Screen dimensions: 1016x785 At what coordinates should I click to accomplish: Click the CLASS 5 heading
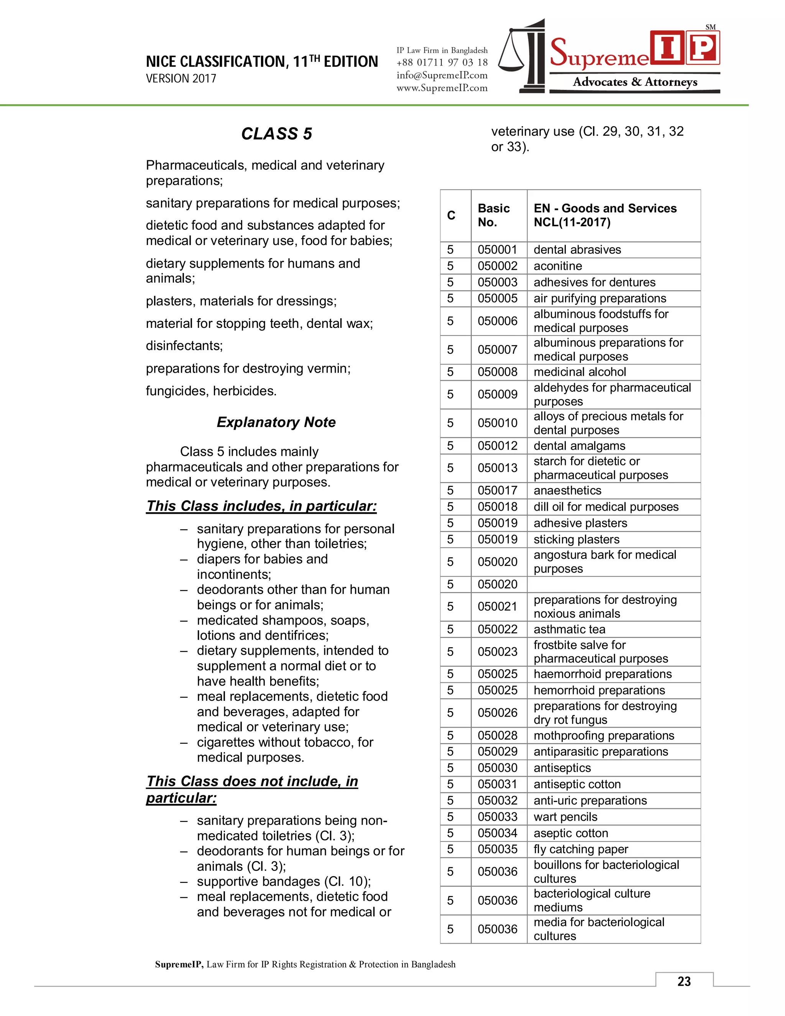coord(276,133)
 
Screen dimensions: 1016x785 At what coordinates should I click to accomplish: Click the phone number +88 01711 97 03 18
coord(442,62)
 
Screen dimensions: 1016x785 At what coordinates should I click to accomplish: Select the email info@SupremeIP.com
coord(442,75)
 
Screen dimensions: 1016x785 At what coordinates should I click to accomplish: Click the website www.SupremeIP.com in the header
coord(442,87)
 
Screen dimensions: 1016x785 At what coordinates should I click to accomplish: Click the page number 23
coord(684,981)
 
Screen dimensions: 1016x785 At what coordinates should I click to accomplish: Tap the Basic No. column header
coord(493,215)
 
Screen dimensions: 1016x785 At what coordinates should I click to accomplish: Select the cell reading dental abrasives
coord(577,250)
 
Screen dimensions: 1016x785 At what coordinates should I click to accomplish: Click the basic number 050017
coord(497,490)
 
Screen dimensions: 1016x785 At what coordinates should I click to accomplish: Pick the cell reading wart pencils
coord(565,817)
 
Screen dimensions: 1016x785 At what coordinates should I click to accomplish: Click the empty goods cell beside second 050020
coord(613,584)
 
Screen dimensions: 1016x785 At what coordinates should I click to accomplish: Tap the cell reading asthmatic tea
coord(569,630)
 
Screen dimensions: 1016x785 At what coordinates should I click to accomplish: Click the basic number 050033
coord(497,817)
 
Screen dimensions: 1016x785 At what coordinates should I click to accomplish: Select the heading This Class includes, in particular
coord(261,506)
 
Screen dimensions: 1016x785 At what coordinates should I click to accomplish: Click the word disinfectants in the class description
coord(184,346)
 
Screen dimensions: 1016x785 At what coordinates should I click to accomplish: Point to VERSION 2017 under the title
coord(181,79)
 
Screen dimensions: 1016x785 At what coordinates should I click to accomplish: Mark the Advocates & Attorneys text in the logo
coord(635,82)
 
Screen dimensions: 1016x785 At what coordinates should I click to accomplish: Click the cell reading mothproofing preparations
coord(604,735)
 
